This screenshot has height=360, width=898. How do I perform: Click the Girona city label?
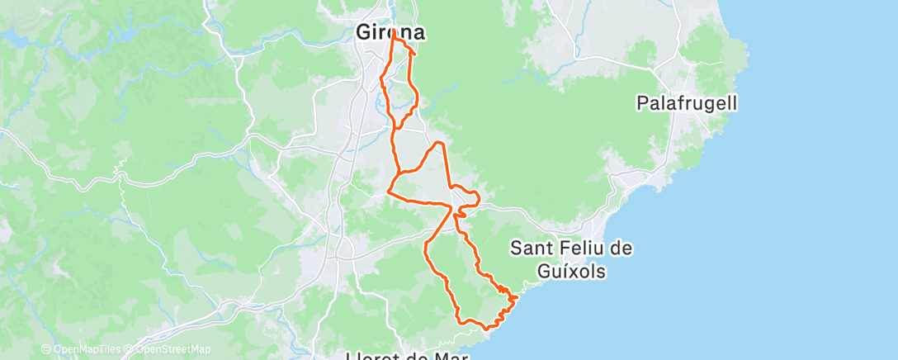tap(391, 32)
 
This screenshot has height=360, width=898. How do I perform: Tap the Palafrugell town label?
tap(687, 103)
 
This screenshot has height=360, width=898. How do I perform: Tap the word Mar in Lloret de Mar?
tap(449, 357)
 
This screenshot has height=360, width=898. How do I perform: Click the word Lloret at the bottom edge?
tap(376, 357)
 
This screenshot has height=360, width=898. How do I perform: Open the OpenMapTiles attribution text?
tap(87, 349)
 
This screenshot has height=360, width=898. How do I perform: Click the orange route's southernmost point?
tap(489, 328)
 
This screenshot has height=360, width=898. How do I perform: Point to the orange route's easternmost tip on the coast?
tap(518, 296)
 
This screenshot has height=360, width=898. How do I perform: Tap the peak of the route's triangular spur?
tap(440, 143)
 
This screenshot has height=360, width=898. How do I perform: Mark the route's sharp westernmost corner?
tap(388, 193)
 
